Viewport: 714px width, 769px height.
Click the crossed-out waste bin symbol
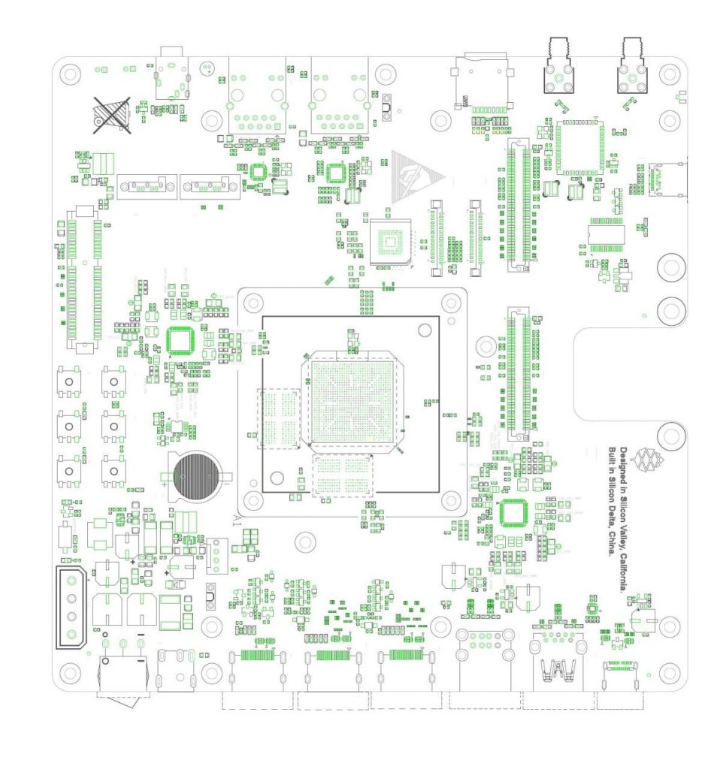(x=110, y=115)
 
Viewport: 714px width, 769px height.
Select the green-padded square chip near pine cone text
(x=513, y=513)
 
